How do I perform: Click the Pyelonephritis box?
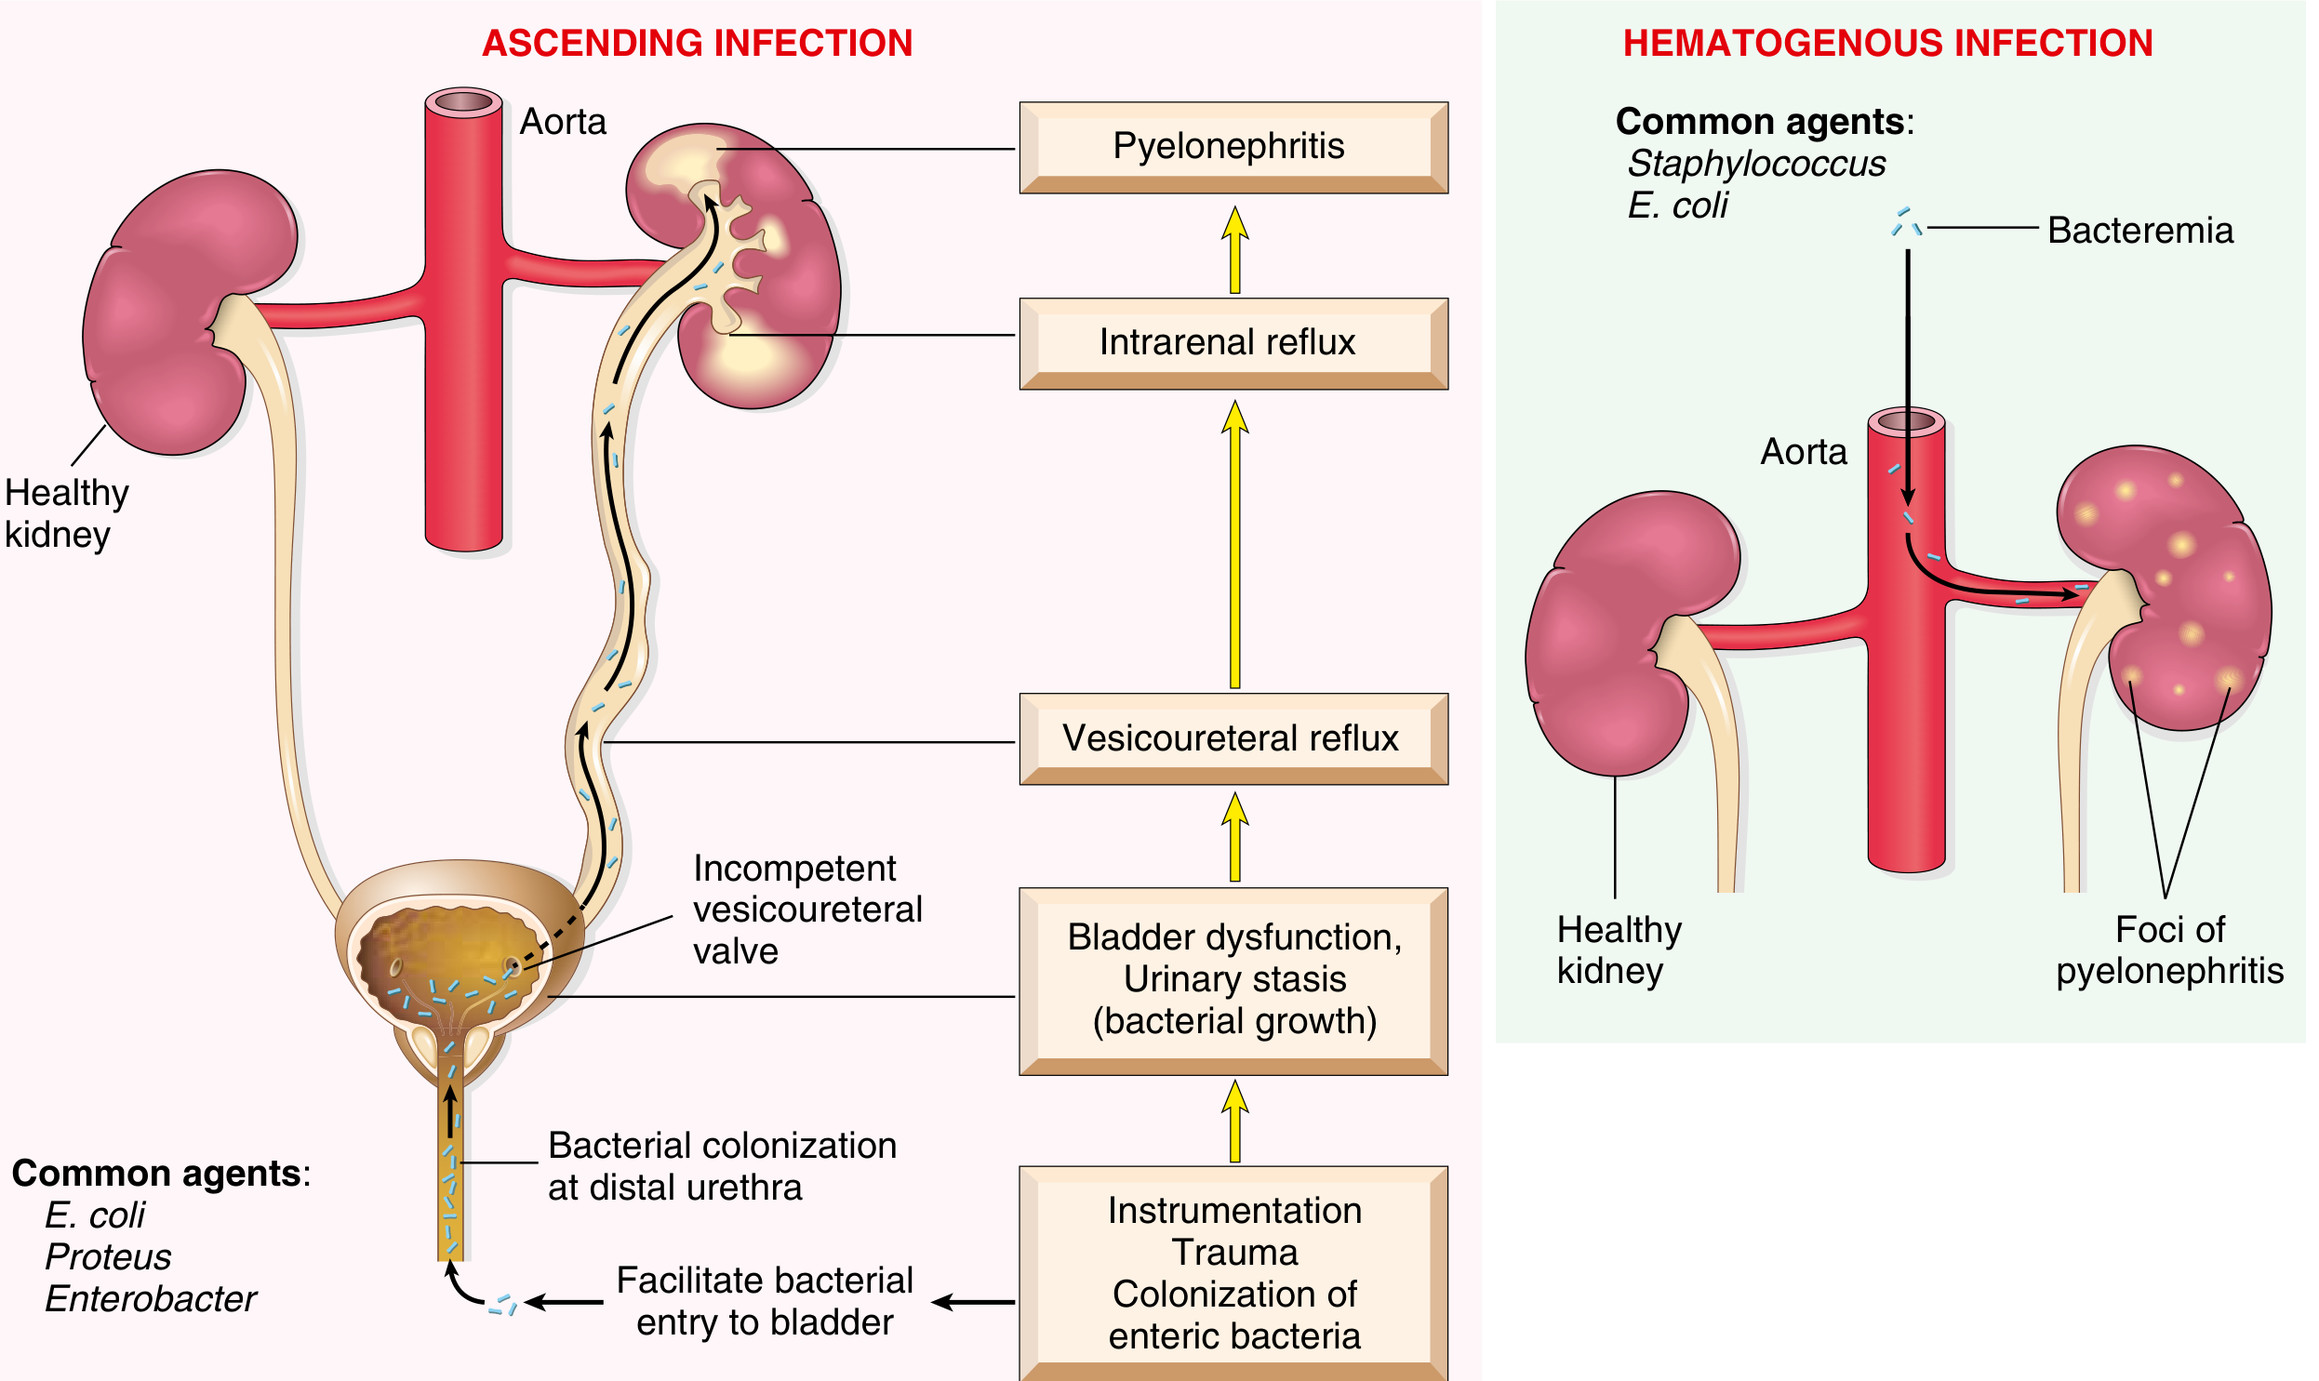coord(1233,147)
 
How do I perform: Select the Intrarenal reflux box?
coord(1233,342)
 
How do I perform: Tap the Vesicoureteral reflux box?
coord(1233,738)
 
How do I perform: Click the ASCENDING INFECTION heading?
coord(697,43)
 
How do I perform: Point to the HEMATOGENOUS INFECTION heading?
coord(1887,43)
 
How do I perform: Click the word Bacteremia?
coord(2139,231)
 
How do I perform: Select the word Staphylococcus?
coord(1756,164)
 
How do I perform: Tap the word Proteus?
coord(108,1256)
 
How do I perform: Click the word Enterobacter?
coord(150,1298)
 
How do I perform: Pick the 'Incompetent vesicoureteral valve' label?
coord(806,910)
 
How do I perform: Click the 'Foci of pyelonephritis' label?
coord(2168,949)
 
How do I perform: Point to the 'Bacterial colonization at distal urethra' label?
coord(721,1166)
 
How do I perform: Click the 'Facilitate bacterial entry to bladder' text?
coord(764,1301)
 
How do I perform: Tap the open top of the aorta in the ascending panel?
coord(463,100)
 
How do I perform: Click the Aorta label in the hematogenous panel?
coord(1803,452)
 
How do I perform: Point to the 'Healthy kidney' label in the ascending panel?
coord(65,512)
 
